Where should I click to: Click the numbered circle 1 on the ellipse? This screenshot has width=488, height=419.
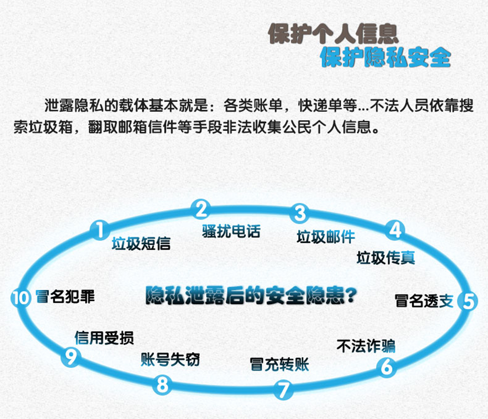[x=100, y=230]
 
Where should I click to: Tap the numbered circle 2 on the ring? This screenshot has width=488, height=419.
[x=201, y=209]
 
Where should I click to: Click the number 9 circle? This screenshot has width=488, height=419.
[x=71, y=356]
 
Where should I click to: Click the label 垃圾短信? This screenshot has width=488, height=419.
[x=141, y=243]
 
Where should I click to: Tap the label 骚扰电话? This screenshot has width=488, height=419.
[x=231, y=231]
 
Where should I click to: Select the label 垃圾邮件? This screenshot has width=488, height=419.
[x=326, y=237]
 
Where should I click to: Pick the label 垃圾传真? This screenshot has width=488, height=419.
[x=386, y=258]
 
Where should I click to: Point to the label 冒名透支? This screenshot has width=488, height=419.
[x=424, y=301]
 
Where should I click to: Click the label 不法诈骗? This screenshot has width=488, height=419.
[x=366, y=346]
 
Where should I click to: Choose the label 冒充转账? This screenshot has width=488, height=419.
[x=279, y=365]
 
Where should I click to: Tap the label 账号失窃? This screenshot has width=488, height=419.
[x=171, y=359]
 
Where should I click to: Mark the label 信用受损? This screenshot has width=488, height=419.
[x=104, y=338]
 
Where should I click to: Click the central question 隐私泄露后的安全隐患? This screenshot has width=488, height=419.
[x=251, y=295]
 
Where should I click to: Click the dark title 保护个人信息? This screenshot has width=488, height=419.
[x=333, y=34]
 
